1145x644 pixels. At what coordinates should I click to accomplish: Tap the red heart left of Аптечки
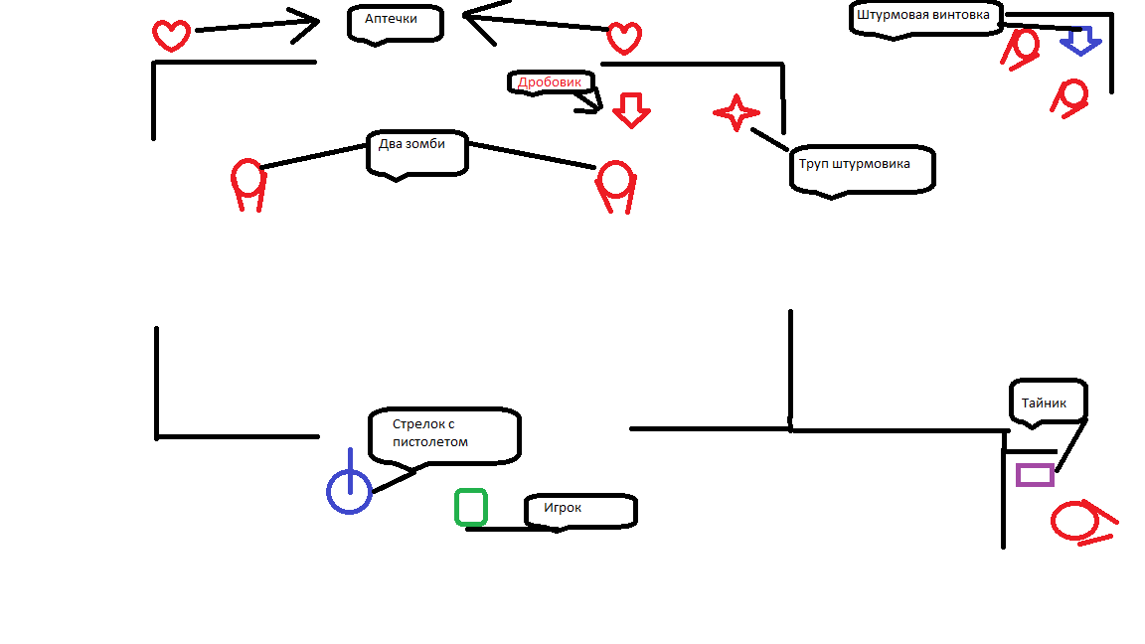[x=171, y=36]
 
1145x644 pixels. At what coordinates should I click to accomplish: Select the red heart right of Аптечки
[x=623, y=38]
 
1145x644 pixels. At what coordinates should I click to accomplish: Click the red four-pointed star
[x=736, y=113]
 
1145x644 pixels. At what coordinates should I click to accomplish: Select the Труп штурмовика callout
[x=861, y=167]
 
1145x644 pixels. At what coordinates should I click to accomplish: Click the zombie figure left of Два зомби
[x=248, y=184]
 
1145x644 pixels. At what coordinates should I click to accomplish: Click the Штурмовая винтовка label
[x=925, y=16]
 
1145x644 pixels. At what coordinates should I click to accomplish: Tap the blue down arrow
[x=1080, y=41]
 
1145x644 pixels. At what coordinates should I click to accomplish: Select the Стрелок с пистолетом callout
[x=443, y=434]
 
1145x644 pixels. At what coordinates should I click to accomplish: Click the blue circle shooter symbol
[x=349, y=491]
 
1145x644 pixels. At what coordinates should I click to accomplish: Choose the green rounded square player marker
[x=471, y=507]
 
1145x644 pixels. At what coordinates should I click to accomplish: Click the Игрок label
[x=579, y=510]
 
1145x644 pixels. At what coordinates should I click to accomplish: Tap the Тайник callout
[x=1048, y=402]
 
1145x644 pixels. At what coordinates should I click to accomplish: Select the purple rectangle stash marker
[x=1035, y=475]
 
